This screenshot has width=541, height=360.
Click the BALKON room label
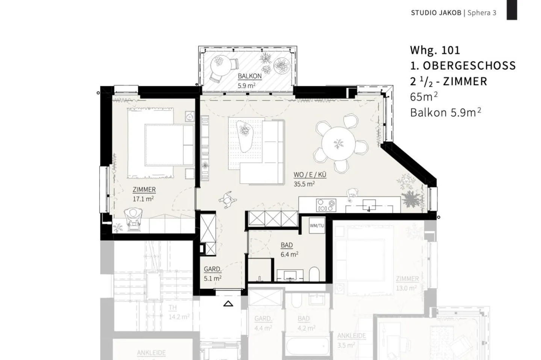click(x=249, y=76)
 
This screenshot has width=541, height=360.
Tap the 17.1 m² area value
click(x=143, y=199)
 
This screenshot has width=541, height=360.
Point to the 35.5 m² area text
click(x=304, y=184)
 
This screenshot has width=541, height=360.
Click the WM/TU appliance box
click(x=316, y=226)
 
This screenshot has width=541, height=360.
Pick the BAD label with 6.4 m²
click(x=287, y=245)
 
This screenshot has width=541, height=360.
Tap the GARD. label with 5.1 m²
click(x=212, y=269)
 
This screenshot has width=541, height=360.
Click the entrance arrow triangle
click(x=228, y=303)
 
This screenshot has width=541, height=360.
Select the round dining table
click(x=338, y=143)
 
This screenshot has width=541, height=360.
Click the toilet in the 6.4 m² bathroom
click(x=314, y=274)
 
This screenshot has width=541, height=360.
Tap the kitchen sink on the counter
click(x=369, y=205)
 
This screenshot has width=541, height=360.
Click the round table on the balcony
click(x=219, y=64)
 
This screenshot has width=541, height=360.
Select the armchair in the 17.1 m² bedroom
click(x=133, y=217)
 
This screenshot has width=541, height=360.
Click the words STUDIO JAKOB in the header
click(x=436, y=13)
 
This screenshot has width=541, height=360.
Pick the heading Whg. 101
click(x=435, y=50)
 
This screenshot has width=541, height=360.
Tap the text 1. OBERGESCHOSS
click(x=462, y=66)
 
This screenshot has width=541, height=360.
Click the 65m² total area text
click(x=423, y=97)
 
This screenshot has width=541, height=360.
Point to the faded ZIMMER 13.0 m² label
click(x=407, y=279)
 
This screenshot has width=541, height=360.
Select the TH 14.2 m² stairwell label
click(x=172, y=308)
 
